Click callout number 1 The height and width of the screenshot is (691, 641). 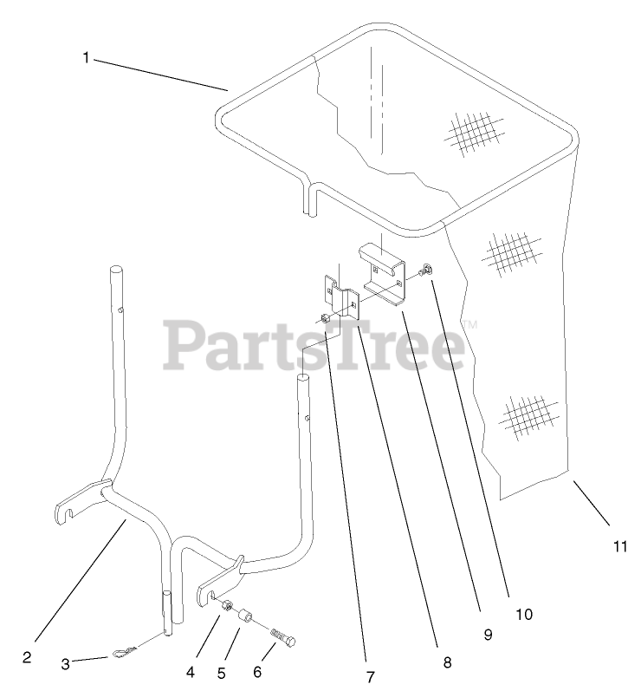tap(86, 57)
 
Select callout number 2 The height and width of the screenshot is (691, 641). tap(27, 657)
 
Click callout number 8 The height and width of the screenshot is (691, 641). tap(447, 662)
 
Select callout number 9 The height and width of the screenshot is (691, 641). tap(488, 635)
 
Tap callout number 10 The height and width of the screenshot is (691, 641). tap(523, 615)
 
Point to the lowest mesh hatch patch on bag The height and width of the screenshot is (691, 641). tap(531, 415)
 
